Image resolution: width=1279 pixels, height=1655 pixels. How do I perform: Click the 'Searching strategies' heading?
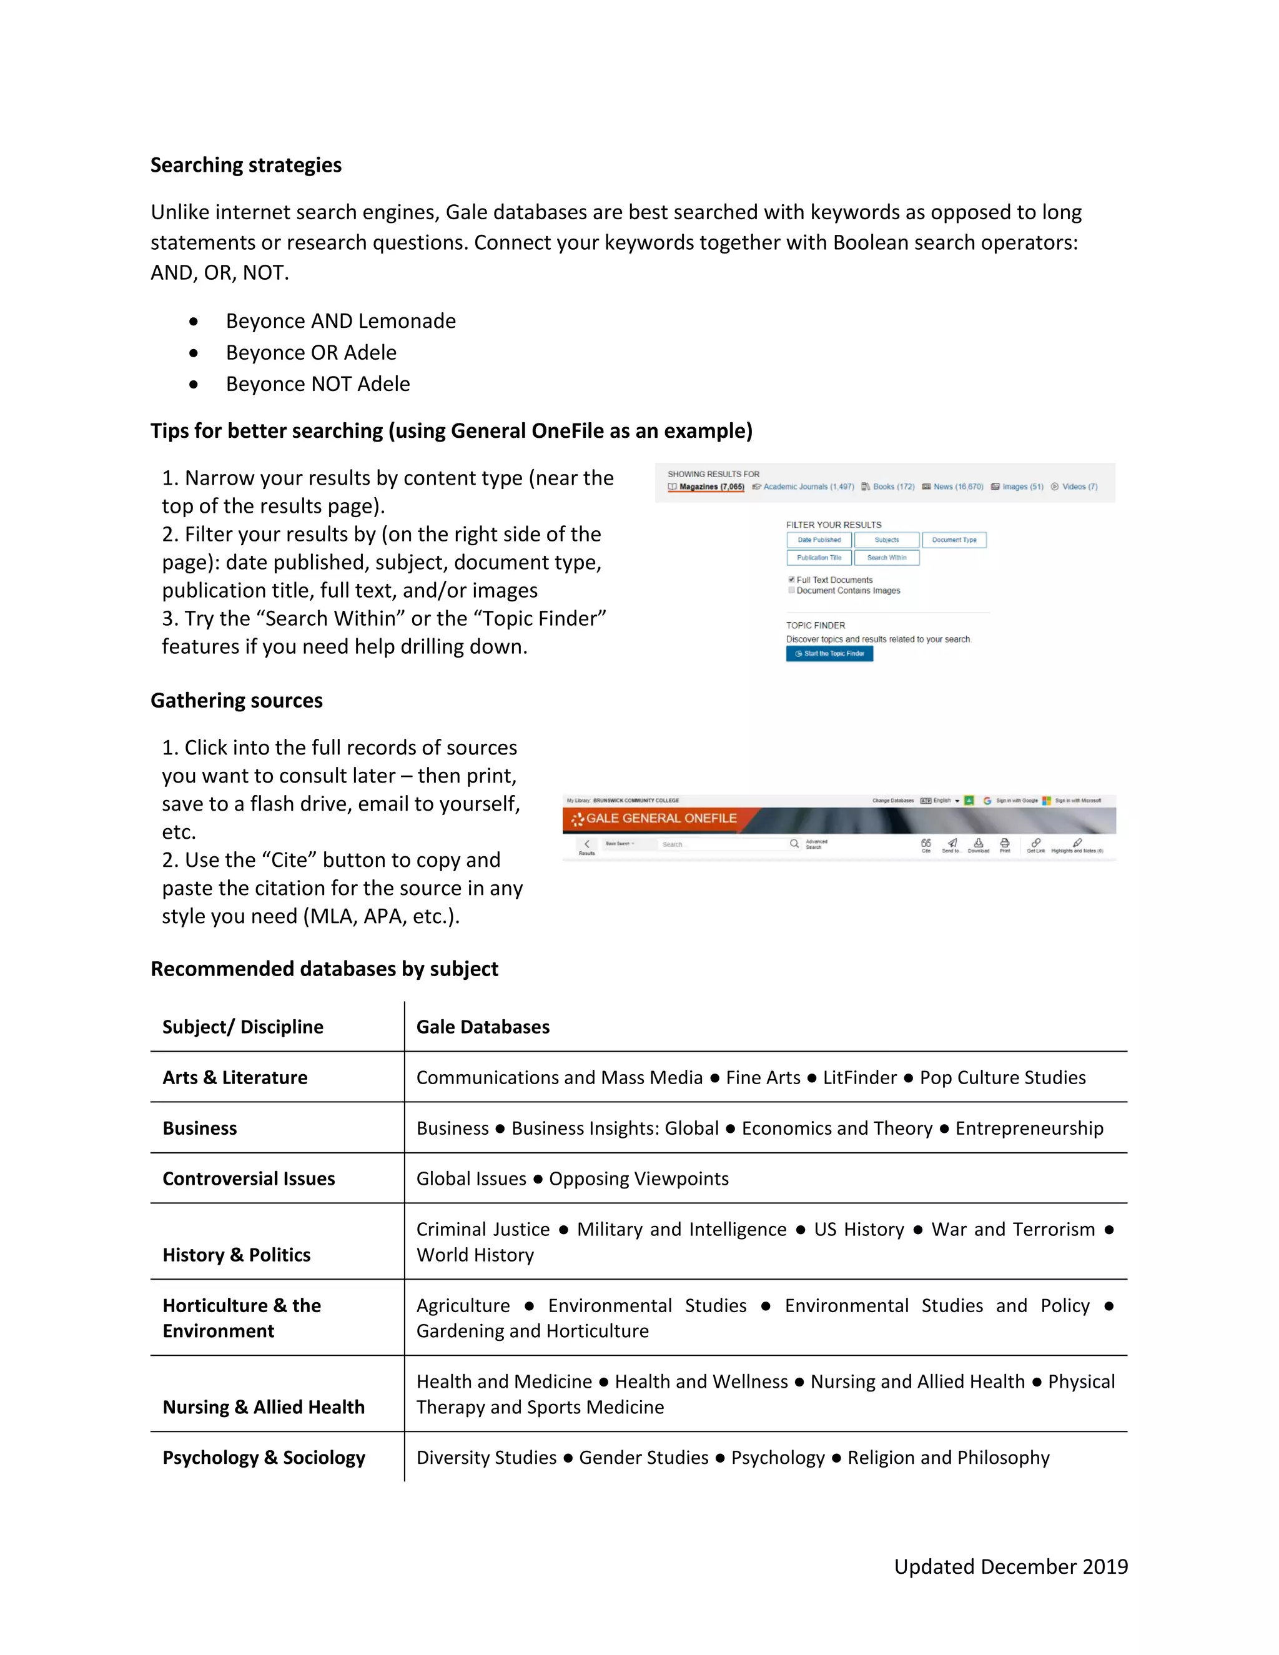pyautogui.click(x=245, y=165)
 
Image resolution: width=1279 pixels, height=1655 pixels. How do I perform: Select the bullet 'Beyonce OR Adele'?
pyautogui.click(x=310, y=352)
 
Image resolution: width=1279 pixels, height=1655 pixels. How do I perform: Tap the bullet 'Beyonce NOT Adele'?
pyautogui.click(x=317, y=384)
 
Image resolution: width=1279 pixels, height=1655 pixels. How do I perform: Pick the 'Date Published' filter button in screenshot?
pyautogui.click(x=819, y=540)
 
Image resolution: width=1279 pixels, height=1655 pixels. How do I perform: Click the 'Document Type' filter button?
pyautogui.click(x=954, y=540)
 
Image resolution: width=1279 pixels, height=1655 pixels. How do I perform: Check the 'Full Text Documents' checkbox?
pyautogui.click(x=792, y=580)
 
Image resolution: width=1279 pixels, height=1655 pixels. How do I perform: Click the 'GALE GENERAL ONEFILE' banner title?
pyautogui.click(x=661, y=818)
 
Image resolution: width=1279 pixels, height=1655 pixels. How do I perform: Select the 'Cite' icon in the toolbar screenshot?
pyautogui.click(x=926, y=844)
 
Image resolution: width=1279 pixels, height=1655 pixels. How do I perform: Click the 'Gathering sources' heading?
pyautogui.click(x=237, y=700)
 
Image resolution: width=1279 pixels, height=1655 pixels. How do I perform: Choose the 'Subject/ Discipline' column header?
pyautogui.click(x=242, y=1027)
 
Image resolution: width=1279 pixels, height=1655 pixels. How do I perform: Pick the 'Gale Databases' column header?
pyautogui.click(x=483, y=1027)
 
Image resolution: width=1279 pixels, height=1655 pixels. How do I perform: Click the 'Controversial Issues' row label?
pyautogui.click(x=249, y=1178)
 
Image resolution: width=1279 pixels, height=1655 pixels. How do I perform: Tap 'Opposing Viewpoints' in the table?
pyautogui.click(x=639, y=1178)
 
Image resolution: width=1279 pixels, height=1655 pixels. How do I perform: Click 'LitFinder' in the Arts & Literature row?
pyautogui.click(x=859, y=1077)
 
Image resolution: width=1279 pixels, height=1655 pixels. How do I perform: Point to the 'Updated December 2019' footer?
pyautogui.click(x=1011, y=1566)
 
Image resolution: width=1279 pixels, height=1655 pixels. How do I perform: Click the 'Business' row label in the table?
pyautogui.click(x=199, y=1129)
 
